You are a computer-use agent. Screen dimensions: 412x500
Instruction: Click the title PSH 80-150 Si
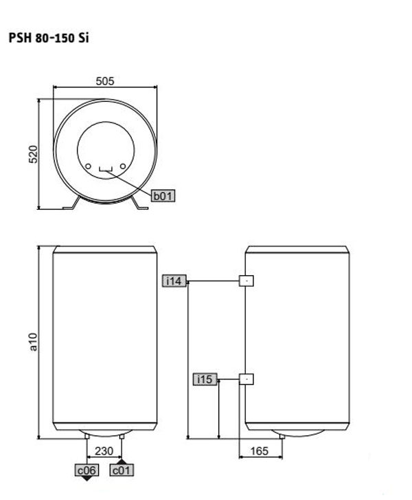coord(48,38)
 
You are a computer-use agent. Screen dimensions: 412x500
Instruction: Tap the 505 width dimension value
coord(105,81)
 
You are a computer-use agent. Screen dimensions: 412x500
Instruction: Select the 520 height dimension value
coord(34,154)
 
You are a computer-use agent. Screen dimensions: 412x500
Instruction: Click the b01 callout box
coord(163,195)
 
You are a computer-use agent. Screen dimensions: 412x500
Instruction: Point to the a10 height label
coord(34,342)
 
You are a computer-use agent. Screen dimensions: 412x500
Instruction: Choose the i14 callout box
coord(174,281)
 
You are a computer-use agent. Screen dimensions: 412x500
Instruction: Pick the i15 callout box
coord(205,379)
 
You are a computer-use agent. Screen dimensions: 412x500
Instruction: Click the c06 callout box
coord(87,470)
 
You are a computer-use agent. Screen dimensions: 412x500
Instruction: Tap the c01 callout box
coord(122,470)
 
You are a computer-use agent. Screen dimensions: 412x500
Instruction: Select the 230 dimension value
coord(104,451)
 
